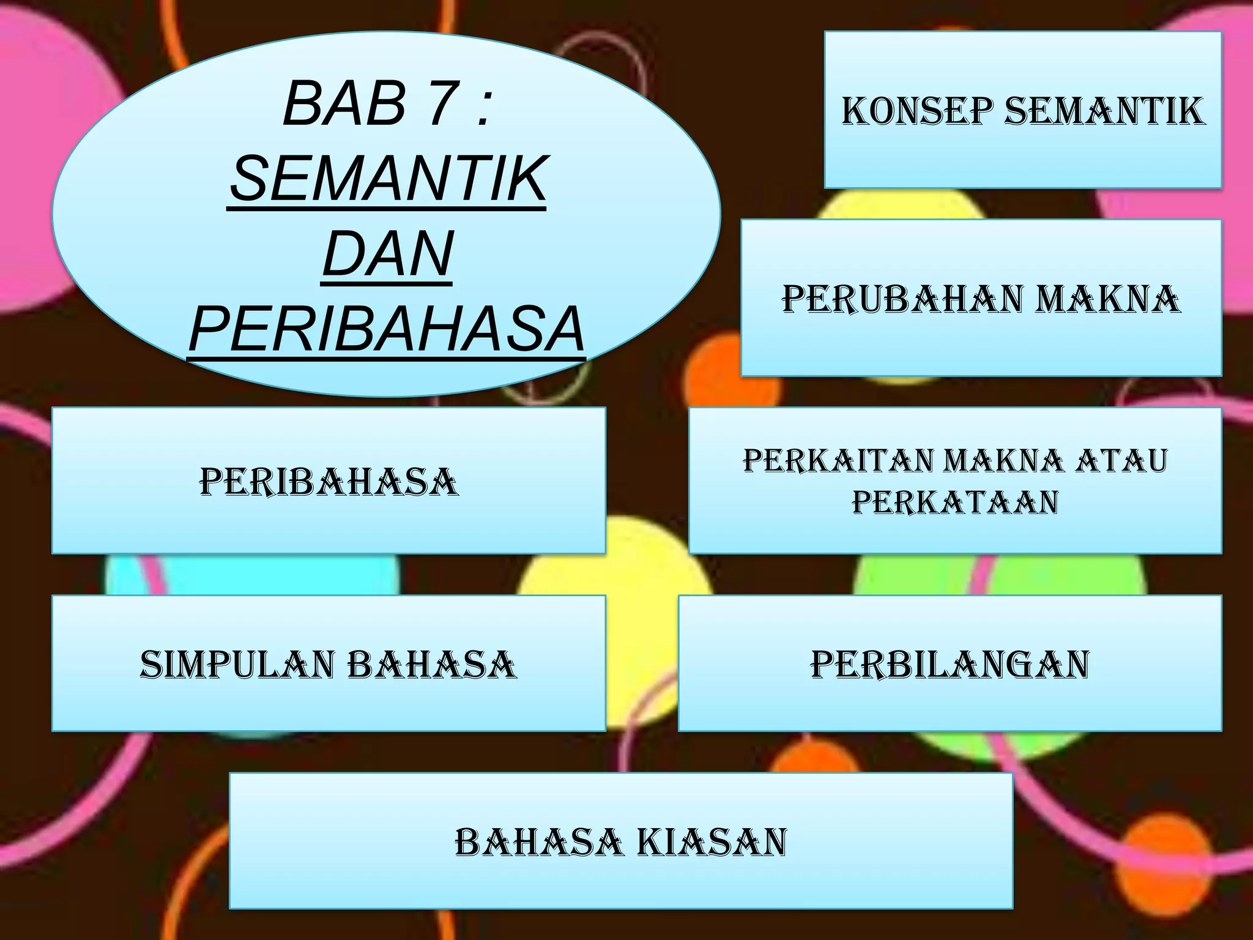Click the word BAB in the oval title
click(344, 103)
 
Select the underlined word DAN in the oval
click(387, 253)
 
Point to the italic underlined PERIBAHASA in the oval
click(387, 329)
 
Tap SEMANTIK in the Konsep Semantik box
click(1104, 111)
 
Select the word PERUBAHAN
click(902, 299)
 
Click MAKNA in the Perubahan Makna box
click(1108, 299)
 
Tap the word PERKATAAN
click(955, 502)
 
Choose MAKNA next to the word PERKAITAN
click(1004, 461)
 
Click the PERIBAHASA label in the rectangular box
click(329, 482)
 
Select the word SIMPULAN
click(239, 665)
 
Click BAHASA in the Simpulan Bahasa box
click(432, 665)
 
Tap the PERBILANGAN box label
click(950, 665)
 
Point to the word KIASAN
click(712, 842)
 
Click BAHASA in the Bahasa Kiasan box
click(538, 842)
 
